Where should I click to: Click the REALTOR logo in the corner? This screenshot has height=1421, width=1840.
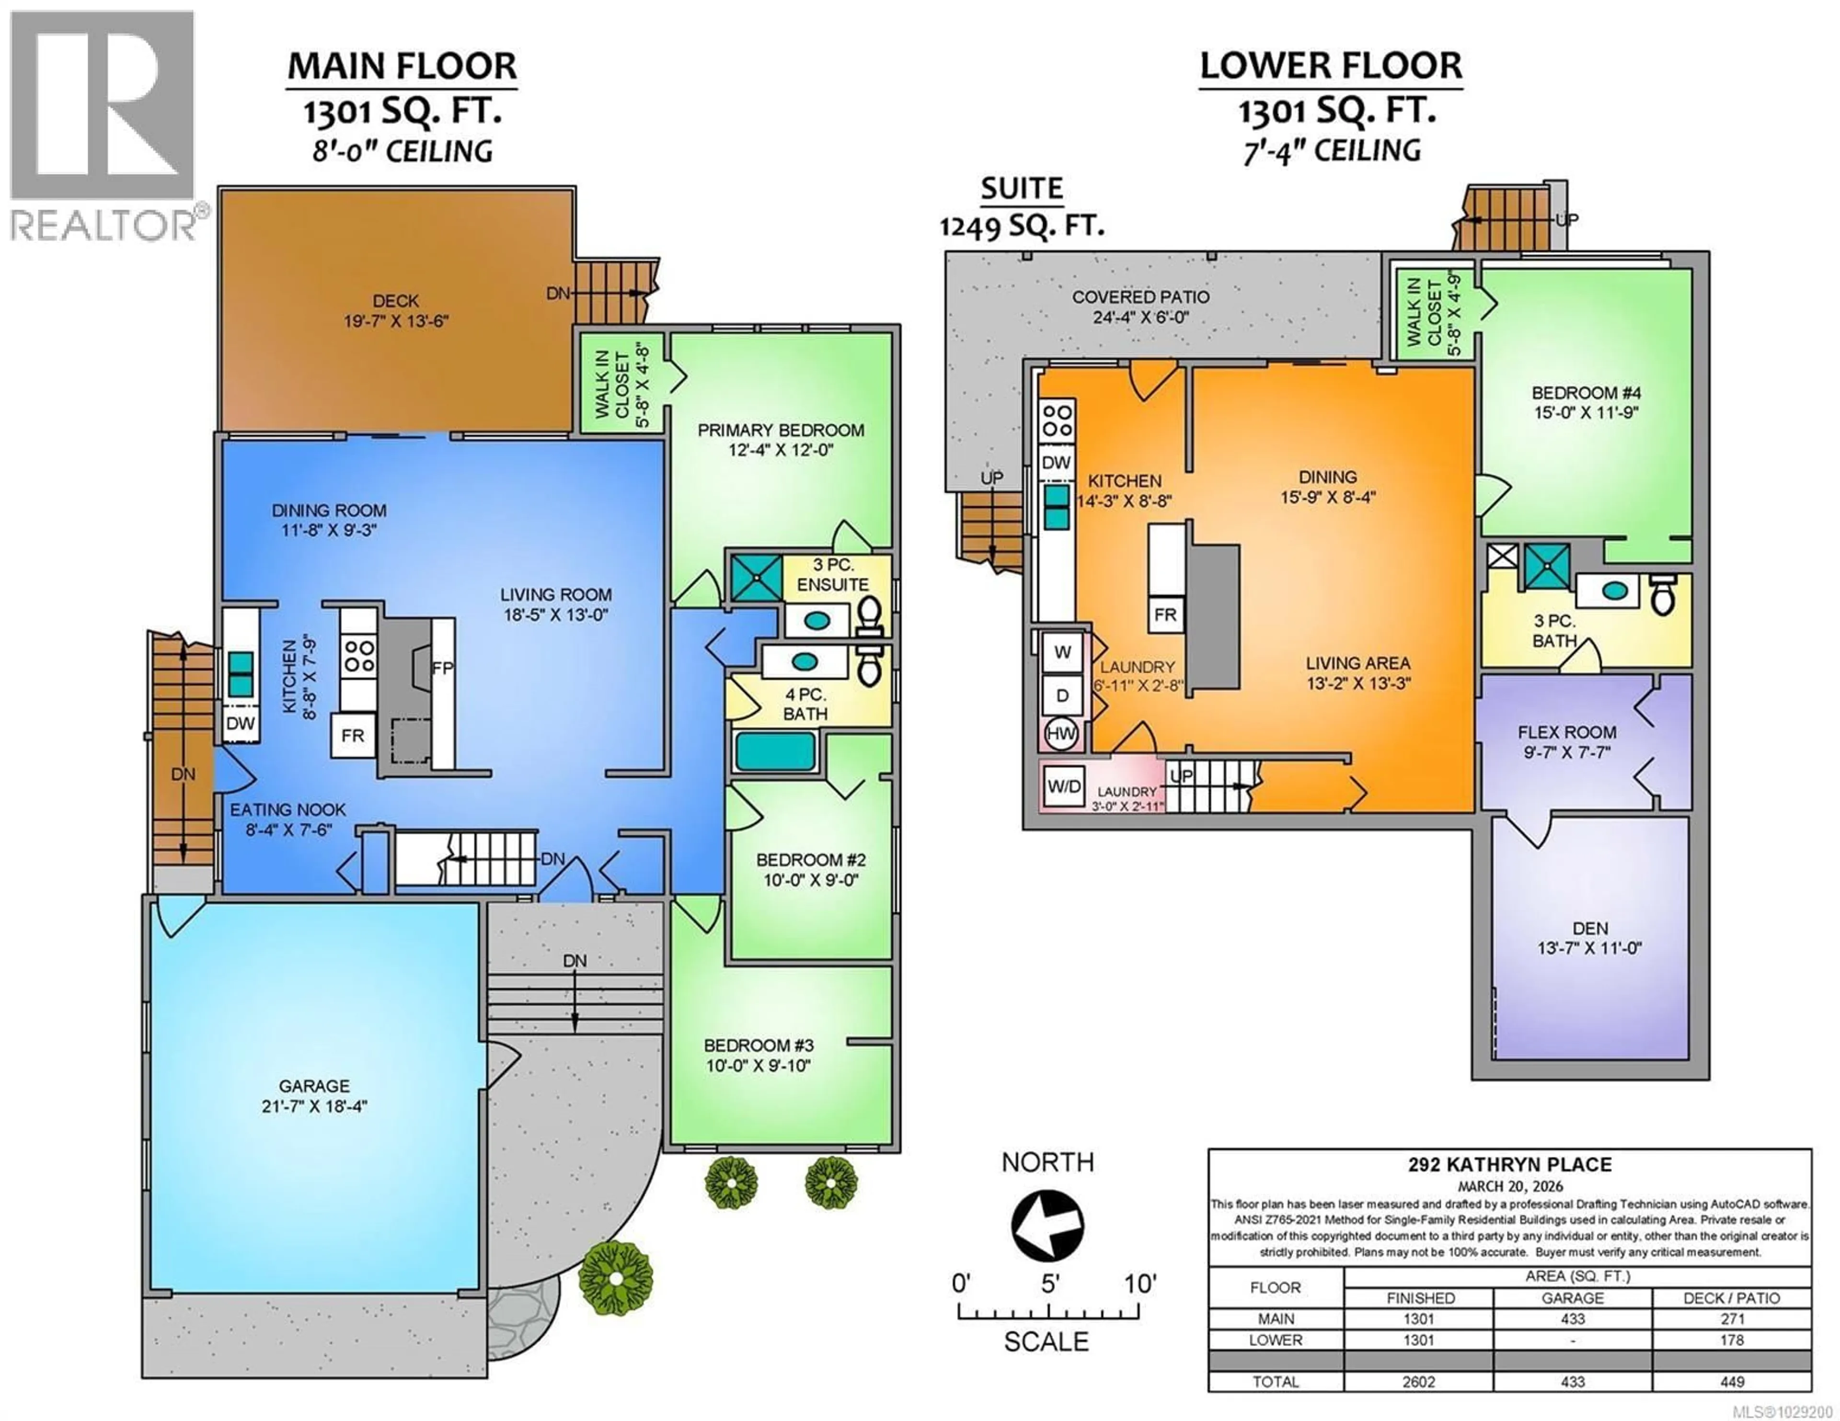pyautogui.click(x=103, y=126)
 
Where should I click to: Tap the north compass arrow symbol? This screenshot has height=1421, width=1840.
pyautogui.click(x=1047, y=1226)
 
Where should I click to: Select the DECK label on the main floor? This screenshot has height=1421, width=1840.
pyautogui.click(x=395, y=301)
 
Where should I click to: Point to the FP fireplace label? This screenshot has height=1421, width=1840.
pyautogui.click(x=442, y=668)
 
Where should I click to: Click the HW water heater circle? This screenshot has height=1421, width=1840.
pyautogui.click(x=1061, y=733)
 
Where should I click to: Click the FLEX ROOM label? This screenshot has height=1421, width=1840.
pyautogui.click(x=1566, y=732)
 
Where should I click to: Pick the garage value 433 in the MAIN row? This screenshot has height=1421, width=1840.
pyautogui.click(x=1572, y=1319)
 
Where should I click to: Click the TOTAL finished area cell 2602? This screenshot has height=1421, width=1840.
pyautogui.click(x=1419, y=1381)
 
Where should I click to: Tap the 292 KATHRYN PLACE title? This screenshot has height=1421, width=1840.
pyautogui.click(x=1510, y=1165)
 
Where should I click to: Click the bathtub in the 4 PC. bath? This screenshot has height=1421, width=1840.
pyautogui.click(x=775, y=751)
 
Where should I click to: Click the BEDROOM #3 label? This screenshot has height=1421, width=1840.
pyautogui.click(x=758, y=1046)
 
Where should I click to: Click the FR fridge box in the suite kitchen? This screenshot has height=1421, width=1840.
pyautogui.click(x=1165, y=615)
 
